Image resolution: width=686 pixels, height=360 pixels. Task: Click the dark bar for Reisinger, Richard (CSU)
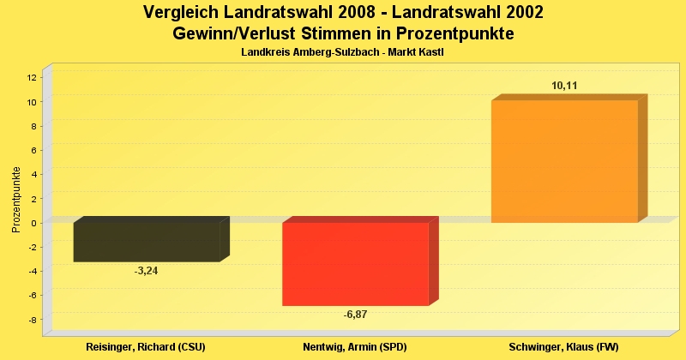click(x=147, y=242)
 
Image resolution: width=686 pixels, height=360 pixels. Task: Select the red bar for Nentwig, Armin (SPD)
click(x=355, y=263)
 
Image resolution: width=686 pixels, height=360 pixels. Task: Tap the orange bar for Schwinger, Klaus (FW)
click(x=564, y=161)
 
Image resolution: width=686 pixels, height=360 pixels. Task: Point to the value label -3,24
click(x=147, y=271)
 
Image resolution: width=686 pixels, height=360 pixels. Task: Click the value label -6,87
click(x=355, y=315)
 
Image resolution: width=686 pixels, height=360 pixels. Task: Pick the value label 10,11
click(x=564, y=86)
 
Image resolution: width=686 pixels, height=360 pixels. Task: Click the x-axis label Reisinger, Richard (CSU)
click(x=147, y=346)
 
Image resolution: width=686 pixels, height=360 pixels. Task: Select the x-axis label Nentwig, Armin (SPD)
click(x=355, y=346)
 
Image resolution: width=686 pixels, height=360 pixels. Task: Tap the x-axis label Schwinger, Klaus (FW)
click(x=563, y=346)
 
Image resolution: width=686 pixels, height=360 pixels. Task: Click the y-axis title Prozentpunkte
click(x=15, y=199)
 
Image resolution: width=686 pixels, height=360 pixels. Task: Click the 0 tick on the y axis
click(x=34, y=223)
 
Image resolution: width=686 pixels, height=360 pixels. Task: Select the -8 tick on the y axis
click(x=33, y=320)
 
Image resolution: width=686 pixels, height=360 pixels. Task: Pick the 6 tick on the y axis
click(x=34, y=150)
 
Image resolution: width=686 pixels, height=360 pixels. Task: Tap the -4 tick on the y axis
click(x=33, y=272)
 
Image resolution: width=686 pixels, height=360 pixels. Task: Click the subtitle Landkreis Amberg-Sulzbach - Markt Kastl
click(x=342, y=53)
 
